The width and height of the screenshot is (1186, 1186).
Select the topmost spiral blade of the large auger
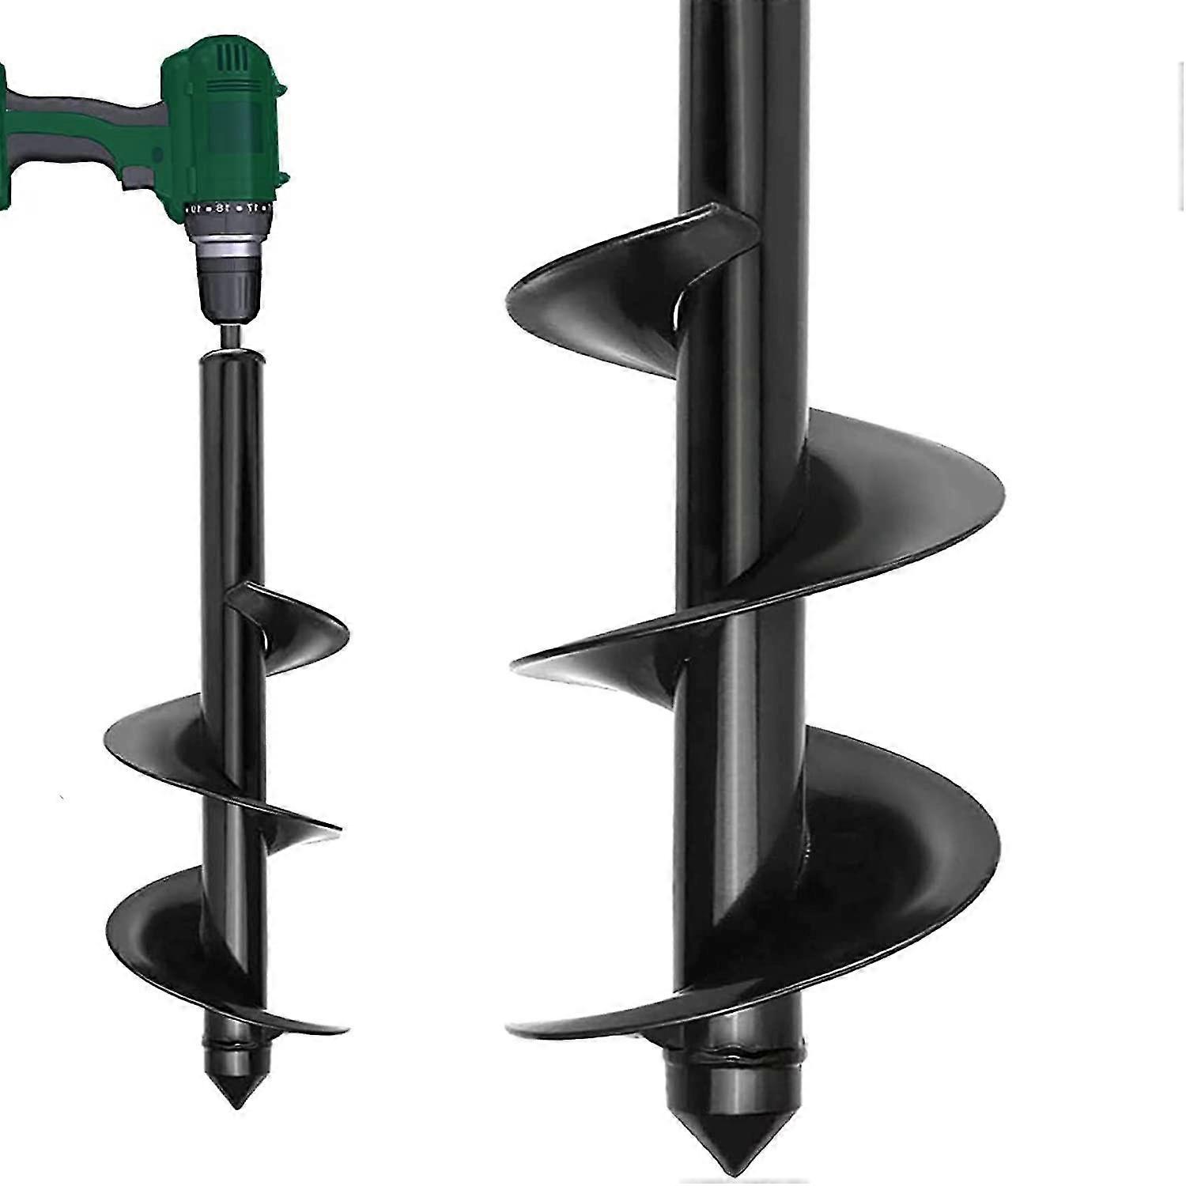coord(601,293)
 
